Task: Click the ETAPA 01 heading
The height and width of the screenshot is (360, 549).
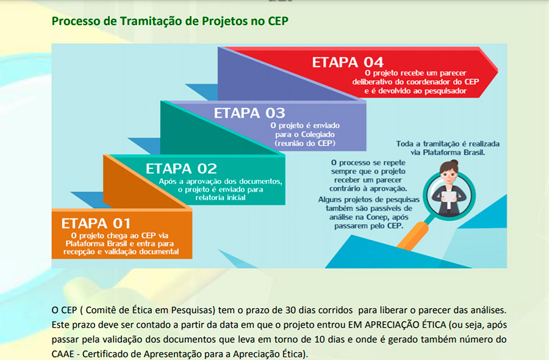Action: click(x=96, y=223)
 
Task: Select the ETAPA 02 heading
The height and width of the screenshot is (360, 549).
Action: click(x=181, y=169)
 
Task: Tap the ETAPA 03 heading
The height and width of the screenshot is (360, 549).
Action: click(x=249, y=113)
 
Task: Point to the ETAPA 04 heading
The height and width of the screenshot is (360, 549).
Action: click(x=348, y=62)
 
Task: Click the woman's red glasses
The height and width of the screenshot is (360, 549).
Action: click(x=449, y=174)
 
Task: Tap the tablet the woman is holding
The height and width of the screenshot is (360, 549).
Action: click(x=449, y=197)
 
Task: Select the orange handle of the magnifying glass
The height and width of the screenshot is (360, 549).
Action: click(x=412, y=237)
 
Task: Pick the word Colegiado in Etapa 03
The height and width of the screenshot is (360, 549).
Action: click(x=318, y=134)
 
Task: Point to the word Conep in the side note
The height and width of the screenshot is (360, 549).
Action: click(x=378, y=217)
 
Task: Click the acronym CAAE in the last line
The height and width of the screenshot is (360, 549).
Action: click(x=63, y=354)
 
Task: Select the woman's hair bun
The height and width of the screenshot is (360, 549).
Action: click(x=454, y=162)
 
